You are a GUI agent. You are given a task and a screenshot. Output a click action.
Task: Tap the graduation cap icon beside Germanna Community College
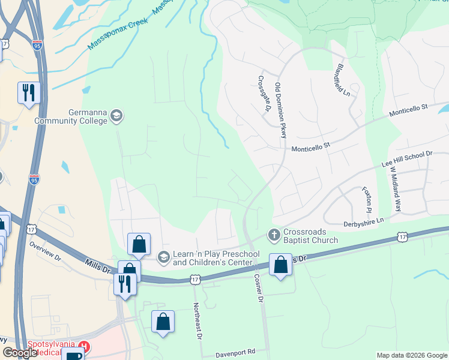116,116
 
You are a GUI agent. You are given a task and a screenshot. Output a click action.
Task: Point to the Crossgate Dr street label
262,94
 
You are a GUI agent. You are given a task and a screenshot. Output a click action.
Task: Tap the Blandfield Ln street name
343,80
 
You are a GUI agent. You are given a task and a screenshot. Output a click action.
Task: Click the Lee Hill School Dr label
407,158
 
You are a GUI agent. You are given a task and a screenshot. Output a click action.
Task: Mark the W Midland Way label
394,189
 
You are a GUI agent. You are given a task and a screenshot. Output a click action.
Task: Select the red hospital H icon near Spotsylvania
85,347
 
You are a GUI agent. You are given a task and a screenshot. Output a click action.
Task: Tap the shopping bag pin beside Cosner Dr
280,264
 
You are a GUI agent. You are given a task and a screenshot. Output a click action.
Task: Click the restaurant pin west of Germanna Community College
28,92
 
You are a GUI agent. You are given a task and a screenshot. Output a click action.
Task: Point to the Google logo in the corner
20,353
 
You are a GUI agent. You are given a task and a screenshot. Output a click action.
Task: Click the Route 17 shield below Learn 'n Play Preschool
194,280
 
